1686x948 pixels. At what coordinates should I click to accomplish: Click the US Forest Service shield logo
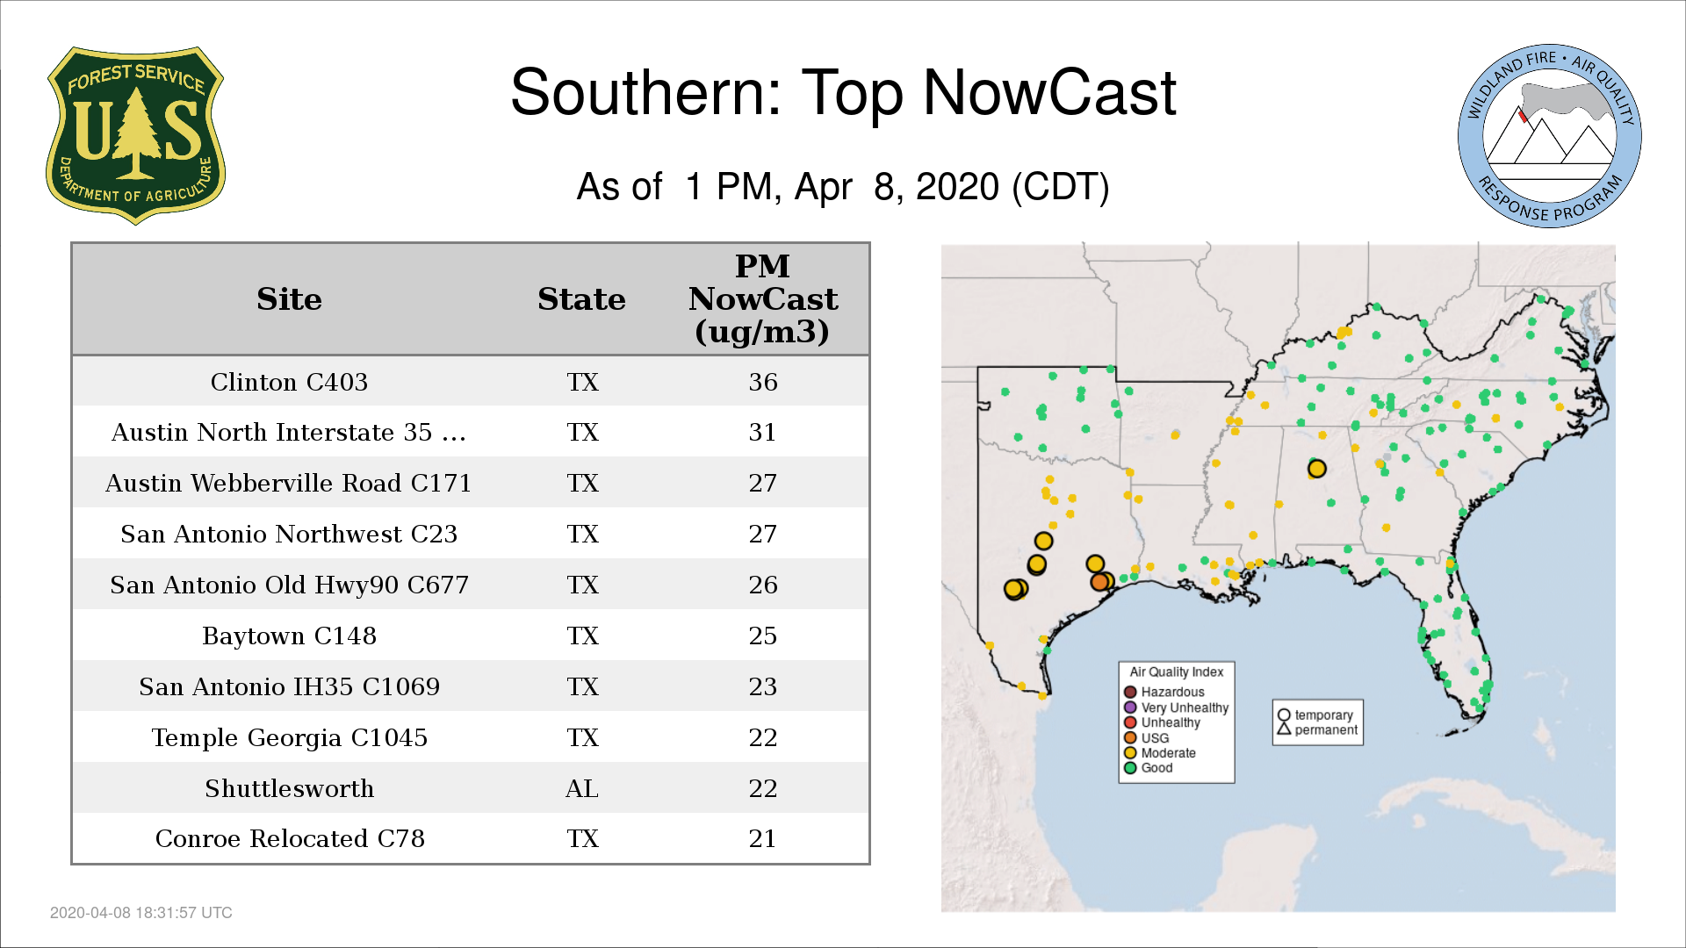coord(135,135)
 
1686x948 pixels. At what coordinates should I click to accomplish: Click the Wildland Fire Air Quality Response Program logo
coord(1549,136)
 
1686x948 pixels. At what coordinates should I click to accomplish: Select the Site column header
coord(289,299)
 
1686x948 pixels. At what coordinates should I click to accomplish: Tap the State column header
coord(581,299)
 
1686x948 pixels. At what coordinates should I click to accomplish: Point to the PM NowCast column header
coord(762,298)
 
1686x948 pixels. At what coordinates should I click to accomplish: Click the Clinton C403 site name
coord(289,382)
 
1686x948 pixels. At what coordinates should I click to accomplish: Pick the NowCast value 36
coord(763,382)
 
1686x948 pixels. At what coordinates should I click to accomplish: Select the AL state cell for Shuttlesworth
coord(582,788)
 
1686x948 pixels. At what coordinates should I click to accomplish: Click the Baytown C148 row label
coord(289,636)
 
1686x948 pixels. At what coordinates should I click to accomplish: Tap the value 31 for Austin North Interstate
coord(762,432)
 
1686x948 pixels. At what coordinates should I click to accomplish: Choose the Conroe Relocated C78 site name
coord(290,838)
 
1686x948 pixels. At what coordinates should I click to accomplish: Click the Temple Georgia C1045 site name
coord(289,737)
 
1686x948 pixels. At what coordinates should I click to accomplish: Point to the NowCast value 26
coord(763,585)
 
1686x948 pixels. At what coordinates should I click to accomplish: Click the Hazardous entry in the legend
coord(1165,692)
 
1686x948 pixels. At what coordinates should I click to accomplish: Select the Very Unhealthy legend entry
coord(1177,707)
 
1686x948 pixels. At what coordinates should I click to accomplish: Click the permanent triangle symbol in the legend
coord(1284,729)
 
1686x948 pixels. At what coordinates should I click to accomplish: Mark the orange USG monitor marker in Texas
coord(1099,582)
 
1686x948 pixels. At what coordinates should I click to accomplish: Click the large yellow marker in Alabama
coord(1316,469)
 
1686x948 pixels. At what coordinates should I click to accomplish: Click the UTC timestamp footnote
coord(141,913)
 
